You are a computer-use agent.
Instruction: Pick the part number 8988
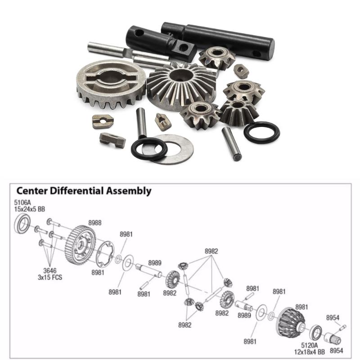click(x=94, y=222)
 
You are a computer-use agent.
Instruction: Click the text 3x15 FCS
click(x=50, y=277)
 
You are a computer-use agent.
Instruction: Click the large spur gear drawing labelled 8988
click(x=80, y=245)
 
